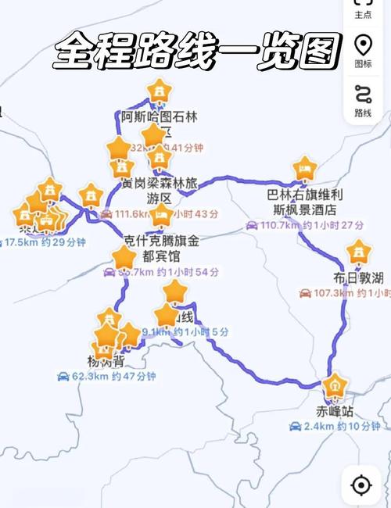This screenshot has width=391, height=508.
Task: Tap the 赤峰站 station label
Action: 335,410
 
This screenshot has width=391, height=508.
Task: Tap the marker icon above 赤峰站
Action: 335,386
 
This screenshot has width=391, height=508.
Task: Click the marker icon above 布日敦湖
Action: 358,252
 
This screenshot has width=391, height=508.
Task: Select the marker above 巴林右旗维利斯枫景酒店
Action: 304,167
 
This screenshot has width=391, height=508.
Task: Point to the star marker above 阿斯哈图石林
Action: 160,91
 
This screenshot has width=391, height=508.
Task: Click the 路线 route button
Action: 363,100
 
